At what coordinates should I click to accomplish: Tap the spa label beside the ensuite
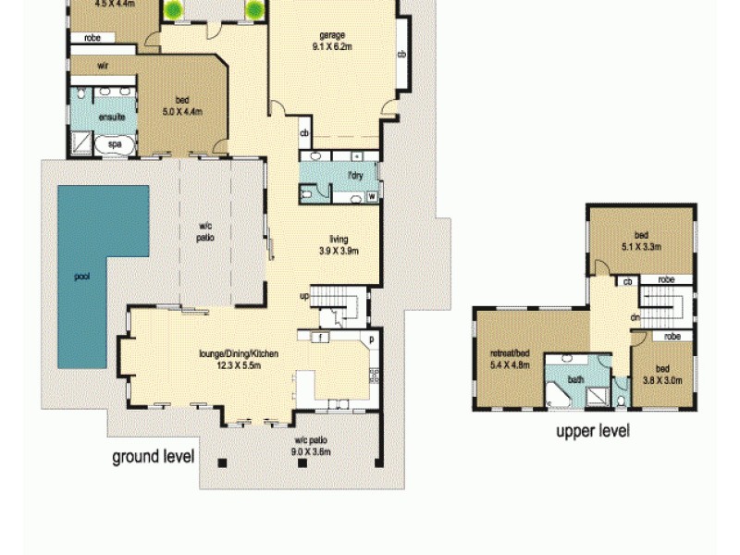tap(115, 144)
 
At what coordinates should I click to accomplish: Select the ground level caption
tap(153, 456)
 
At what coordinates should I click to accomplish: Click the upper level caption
tap(592, 430)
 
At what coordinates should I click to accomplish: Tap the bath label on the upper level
tap(576, 379)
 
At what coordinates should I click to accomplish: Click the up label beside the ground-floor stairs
tap(303, 296)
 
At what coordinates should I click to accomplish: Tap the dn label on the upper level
tap(636, 317)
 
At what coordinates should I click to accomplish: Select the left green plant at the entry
tap(173, 10)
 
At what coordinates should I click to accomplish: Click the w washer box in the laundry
tap(372, 196)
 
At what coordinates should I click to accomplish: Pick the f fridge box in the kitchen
tap(318, 338)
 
